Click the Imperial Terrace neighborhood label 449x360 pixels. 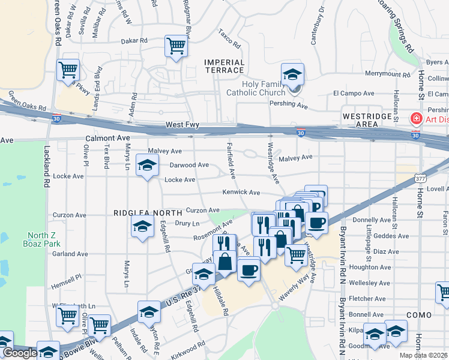(x=224, y=67)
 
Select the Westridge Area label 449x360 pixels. (x=360, y=119)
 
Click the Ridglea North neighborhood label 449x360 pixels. (x=148, y=213)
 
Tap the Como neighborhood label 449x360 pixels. (x=419, y=315)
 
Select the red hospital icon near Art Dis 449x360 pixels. (x=415, y=119)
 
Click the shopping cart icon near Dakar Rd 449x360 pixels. (x=176, y=46)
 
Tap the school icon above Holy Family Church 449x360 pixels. (x=292, y=74)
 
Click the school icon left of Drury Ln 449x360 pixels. (x=142, y=226)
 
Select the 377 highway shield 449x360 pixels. (x=420, y=179)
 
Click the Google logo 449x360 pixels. (x=20, y=353)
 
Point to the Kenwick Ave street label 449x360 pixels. (x=241, y=193)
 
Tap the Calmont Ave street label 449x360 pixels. (x=108, y=138)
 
